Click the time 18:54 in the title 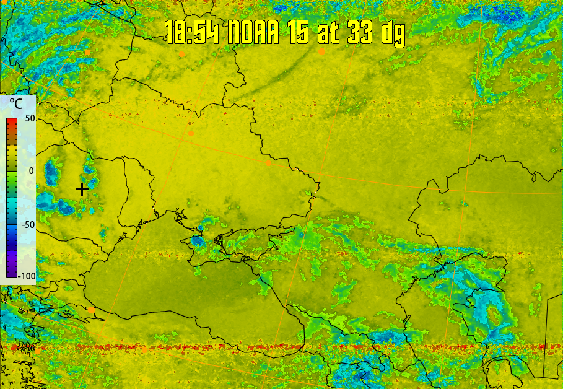point(191,32)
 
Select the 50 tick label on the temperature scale point(28,118)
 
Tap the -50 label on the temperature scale point(27,224)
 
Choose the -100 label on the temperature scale point(26,276)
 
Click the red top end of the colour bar point(12,120)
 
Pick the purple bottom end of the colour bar point(12,273)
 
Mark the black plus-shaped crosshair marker point(81,190)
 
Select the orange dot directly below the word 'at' point(322,52)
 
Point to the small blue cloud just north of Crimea point(197,239)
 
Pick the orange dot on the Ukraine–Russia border point(268,163)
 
